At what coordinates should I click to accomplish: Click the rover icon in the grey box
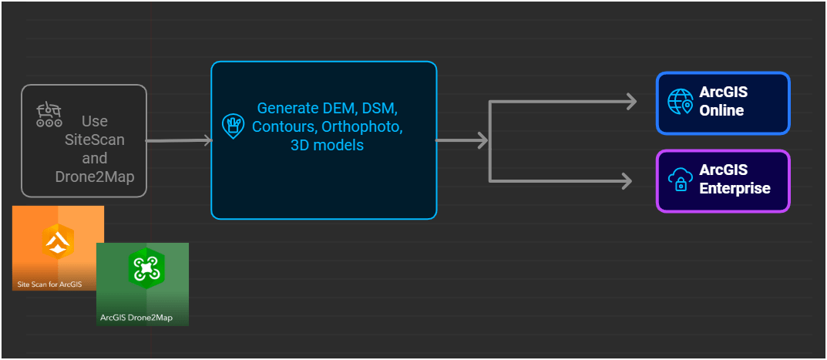tap(49, 114)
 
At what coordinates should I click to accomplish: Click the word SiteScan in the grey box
tap(95, 140)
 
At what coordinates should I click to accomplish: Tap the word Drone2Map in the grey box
tap(95, 177)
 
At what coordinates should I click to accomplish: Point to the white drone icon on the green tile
tap(143, 267)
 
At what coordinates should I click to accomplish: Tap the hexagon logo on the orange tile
tap(58, 241)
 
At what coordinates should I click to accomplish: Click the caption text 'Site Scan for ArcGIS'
tap(49, 284)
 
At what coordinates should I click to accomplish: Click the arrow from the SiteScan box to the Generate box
tap(178, 140)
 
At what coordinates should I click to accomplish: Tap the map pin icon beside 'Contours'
tap(233, 126)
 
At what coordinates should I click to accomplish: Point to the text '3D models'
tap(327, 145)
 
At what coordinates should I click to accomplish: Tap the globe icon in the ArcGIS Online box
tap(680, 102)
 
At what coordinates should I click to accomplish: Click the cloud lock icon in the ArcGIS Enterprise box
tap(680, 180)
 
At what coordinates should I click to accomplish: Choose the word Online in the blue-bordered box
tap(721, 110)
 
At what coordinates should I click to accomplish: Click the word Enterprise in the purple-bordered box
tap(735, 188)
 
